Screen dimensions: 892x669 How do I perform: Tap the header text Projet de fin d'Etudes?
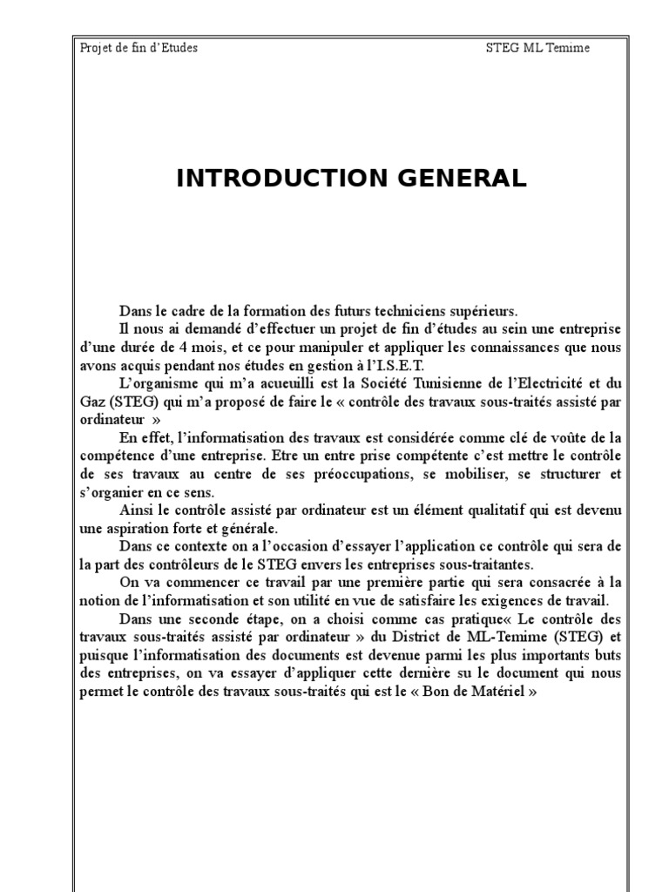click(138, 47)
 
